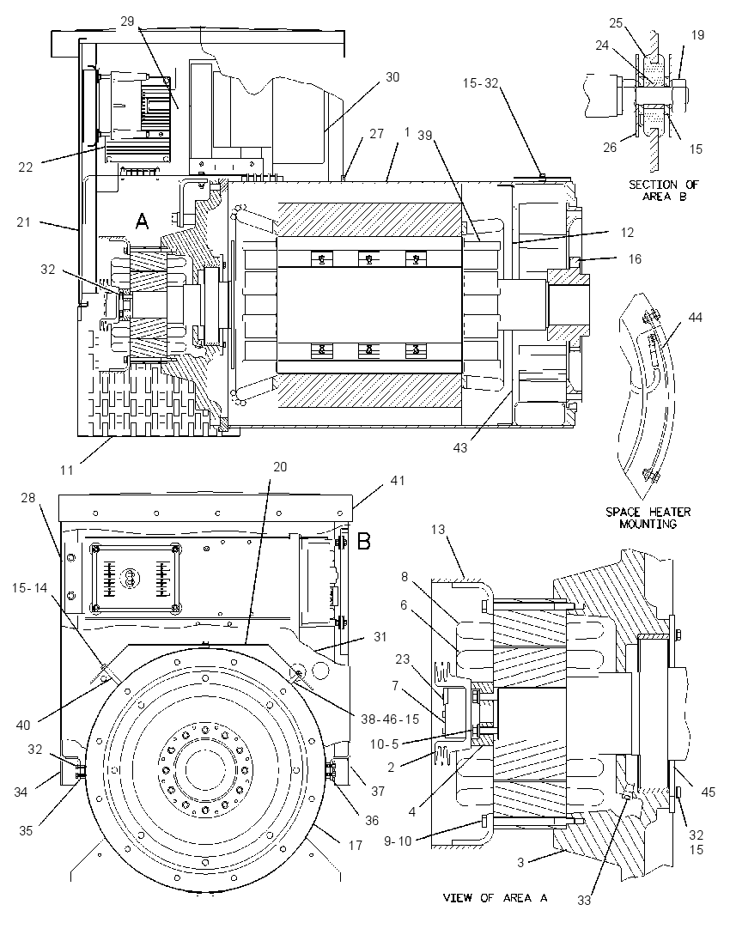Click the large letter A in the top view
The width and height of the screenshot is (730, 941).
142,222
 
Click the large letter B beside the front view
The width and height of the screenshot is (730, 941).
364,542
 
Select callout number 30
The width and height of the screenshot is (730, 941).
392,77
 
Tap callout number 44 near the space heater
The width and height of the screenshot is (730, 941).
695,318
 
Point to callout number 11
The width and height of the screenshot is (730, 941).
67,470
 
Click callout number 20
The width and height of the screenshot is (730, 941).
280,467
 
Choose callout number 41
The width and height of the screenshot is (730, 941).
398,481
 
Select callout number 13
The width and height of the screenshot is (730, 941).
438,529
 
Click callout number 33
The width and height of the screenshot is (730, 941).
584,900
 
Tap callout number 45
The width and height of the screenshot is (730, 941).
709,792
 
